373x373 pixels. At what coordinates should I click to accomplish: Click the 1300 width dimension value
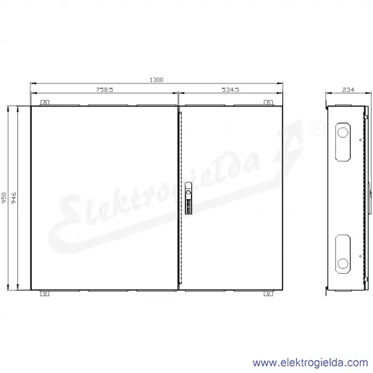click(x=156, y=80)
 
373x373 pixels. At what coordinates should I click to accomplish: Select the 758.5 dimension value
click(x=104, y=90)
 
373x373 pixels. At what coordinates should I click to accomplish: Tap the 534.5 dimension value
click(x=230, y=90)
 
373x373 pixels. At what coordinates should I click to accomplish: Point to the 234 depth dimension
click(x=348, y=90)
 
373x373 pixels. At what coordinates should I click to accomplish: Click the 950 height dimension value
click(x=4, y=198)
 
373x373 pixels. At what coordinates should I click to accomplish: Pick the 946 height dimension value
click(x=14, y=198)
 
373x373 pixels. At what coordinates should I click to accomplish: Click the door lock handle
click(x=188, y=198)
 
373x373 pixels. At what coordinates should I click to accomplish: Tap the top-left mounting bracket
click(x=45, y=103)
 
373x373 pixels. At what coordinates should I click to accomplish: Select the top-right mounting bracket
click(x=268, y=103)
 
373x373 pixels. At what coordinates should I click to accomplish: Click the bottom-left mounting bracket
click(x=45, y=293)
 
